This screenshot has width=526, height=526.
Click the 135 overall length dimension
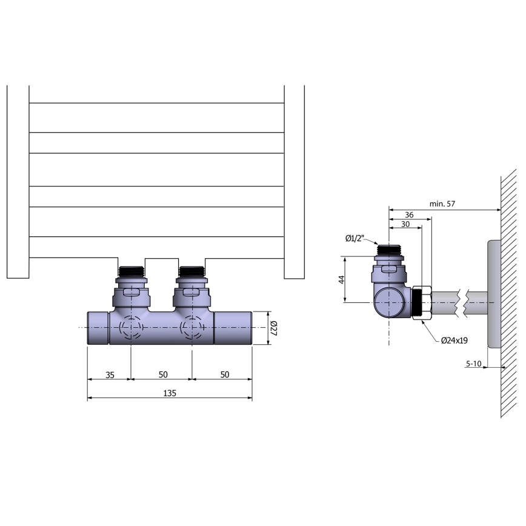pos(170,393)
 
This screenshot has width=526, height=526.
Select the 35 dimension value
pos(110,375)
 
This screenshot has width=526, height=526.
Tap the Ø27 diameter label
pos(273,328)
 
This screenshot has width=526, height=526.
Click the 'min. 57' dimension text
pos(442,204)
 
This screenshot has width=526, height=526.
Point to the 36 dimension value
pos(409,215)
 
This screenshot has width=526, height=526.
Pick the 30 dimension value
pos(404,224)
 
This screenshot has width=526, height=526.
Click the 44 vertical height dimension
pos(341,279)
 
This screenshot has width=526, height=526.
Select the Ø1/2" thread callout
pos(355,239)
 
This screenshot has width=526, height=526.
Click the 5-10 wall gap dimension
pos(473,364)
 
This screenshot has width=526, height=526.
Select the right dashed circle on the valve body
pos(192,328)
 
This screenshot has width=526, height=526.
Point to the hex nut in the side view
pos(420,302)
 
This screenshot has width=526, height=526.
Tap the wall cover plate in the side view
pos(493,294)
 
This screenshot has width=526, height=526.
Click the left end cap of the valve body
pos(98,328)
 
